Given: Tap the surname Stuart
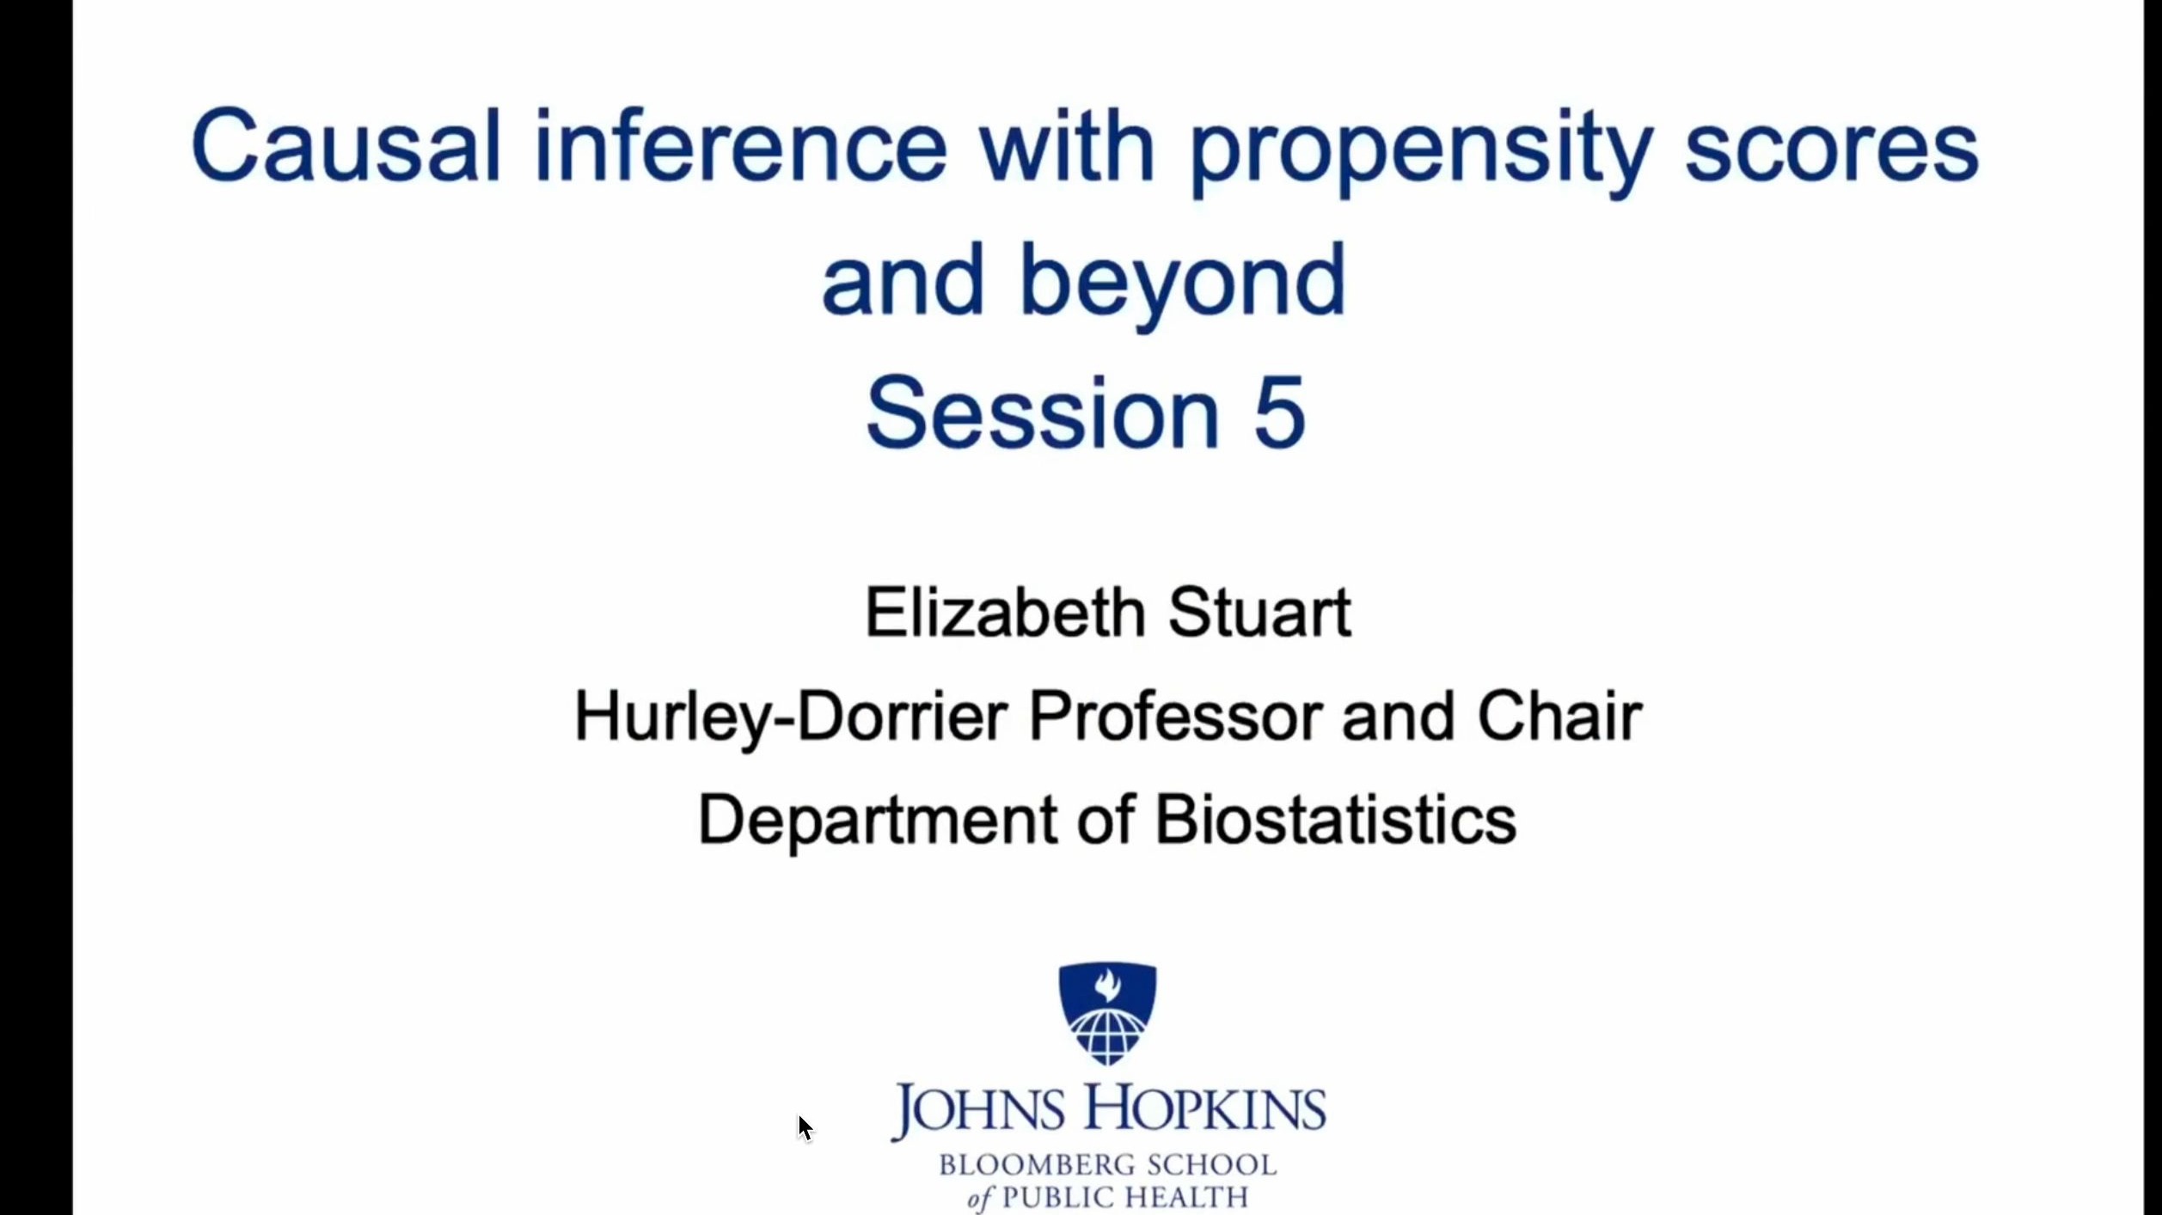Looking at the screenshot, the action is pos(1260,612).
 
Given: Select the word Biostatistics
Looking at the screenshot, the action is pos(1336,820).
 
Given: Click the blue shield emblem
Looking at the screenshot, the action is pos(1107,1013).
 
